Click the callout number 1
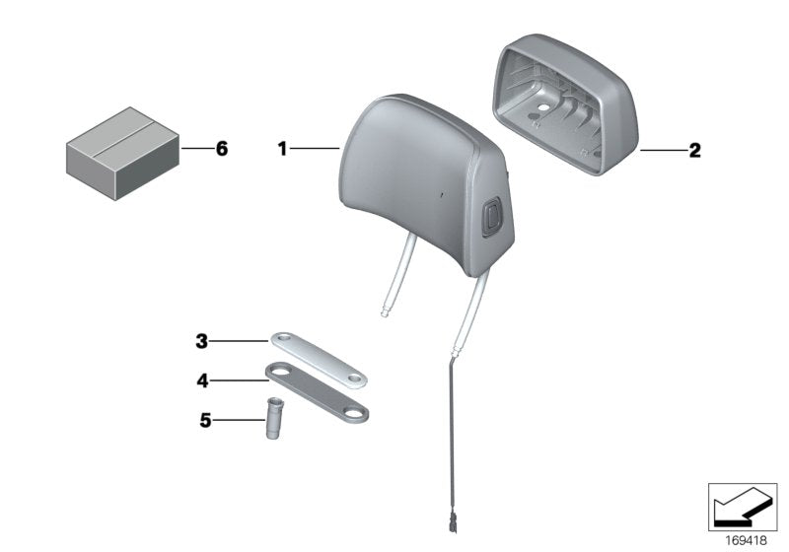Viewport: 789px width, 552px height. point(282,149)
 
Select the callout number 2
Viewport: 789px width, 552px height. point(695,150)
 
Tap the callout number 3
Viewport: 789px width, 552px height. point(202,341)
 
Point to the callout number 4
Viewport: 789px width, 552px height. point(202,380)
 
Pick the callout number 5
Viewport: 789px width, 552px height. point(205,420)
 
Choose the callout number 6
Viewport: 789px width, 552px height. point(222,149)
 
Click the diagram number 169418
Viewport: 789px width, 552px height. point(746,541)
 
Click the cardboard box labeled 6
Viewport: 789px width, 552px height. point(122,154)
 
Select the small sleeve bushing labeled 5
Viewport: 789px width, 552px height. point(274,418)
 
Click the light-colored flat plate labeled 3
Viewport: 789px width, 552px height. point(319,361)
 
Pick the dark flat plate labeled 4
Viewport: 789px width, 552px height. point(317,391)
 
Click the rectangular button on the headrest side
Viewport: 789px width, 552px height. point(491,216)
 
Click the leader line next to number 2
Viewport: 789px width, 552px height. point(663,150)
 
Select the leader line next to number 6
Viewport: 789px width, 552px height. point(197,148)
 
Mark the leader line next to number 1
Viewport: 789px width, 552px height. point(315,148)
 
